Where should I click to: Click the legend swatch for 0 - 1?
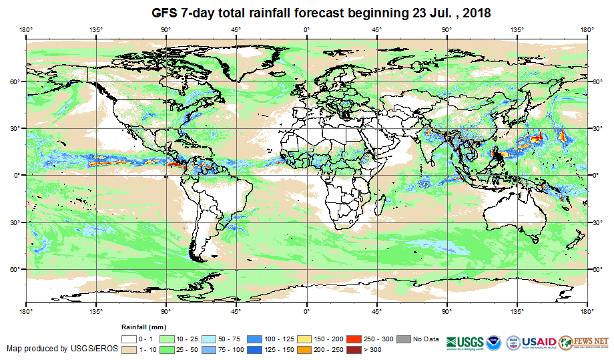[128, 339]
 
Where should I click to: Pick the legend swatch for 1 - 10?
[128, 349]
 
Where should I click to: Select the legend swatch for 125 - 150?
[255, 349]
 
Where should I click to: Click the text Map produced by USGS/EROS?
[62, 349]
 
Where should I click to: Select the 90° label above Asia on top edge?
[446, 29]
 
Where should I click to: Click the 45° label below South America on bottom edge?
[236, 311]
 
